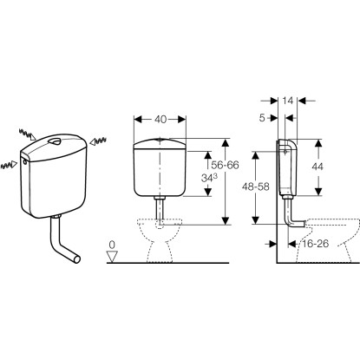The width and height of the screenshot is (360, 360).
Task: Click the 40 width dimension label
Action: [x=160, y=120]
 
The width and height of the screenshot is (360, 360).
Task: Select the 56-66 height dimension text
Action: [x=225, y=165]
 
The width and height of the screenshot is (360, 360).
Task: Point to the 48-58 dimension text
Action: [x=255, y=187]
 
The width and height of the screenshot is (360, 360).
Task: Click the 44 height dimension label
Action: [x=317, y=167]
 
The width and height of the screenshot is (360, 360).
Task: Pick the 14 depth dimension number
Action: [x=288, y=101]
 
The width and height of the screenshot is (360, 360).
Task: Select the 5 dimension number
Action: [x=262, y=118]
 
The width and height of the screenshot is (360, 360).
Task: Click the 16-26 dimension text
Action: [x=315, y=244]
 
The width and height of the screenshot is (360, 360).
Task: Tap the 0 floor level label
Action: [x=112, y=245]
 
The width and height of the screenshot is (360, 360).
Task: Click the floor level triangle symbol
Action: [x=112, y=256]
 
